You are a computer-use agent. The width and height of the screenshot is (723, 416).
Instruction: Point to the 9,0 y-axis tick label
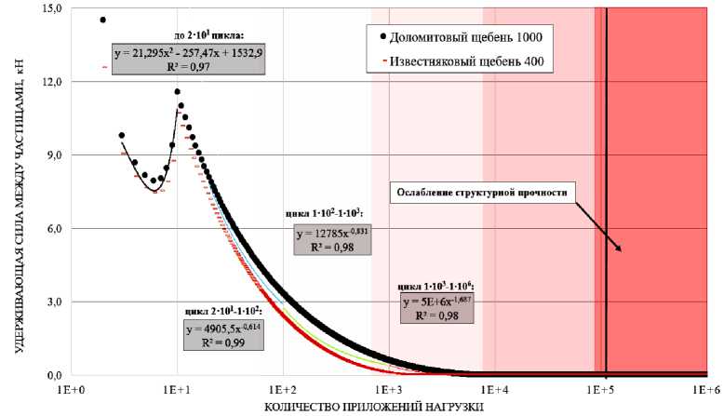[x=52, y=155]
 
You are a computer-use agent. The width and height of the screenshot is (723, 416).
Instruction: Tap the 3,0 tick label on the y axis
[x=52, y=302]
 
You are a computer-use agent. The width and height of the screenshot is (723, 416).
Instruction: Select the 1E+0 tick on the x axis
[x=71, y=388]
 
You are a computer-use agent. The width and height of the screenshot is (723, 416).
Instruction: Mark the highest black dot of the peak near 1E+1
[x=177, y=92]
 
